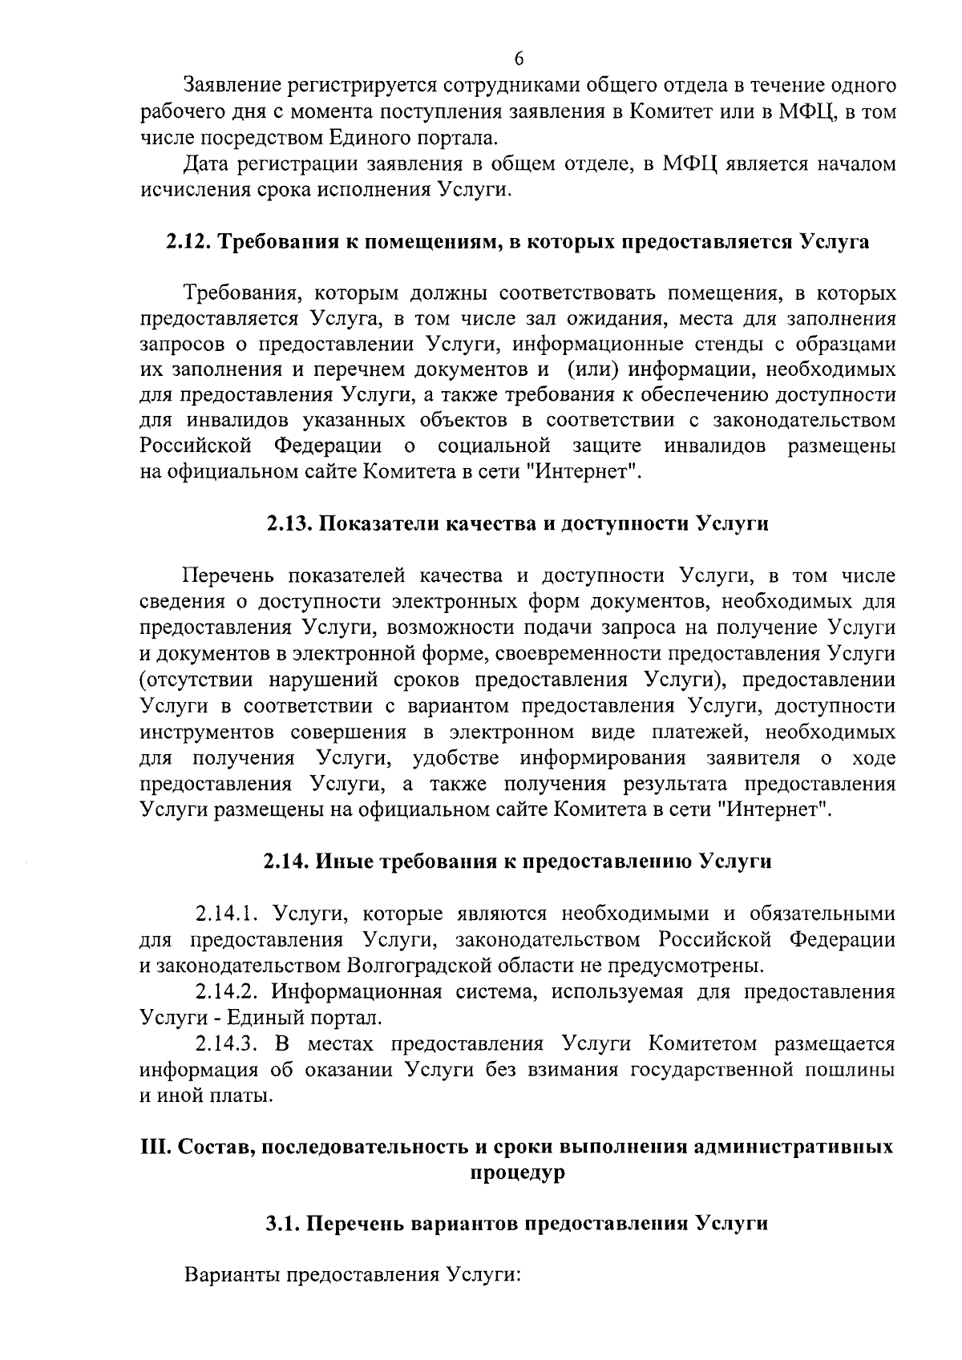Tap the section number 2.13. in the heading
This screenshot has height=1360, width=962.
pyautogui.click(x=289, y=524)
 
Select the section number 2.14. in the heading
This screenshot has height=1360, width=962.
pyautogui.click(x=286, y=862)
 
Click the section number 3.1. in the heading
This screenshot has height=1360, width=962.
pyautogui.click(x=284, y=1224)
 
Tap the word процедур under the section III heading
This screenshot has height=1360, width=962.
pyautogui.click(x=517, y=1172)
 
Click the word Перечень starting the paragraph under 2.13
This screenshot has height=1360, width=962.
pyautogui.click(x=230, y=576)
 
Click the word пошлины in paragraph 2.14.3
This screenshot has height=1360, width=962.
pyautogui.click(x=855, y=1071)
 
